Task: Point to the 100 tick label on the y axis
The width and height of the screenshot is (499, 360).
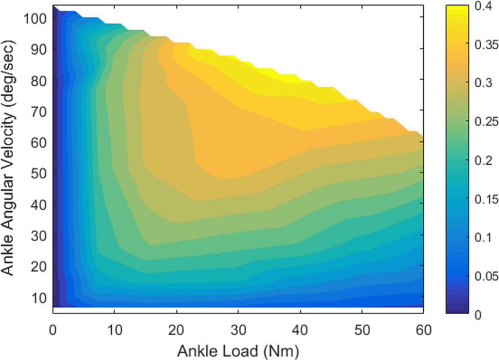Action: click(x=34, y=18)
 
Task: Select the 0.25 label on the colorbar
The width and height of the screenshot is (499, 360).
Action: click(x=485, y=122)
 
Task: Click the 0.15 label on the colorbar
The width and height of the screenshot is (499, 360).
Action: click(x=485, y=199)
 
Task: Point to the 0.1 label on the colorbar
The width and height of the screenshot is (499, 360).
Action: click(x=482, y=237)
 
